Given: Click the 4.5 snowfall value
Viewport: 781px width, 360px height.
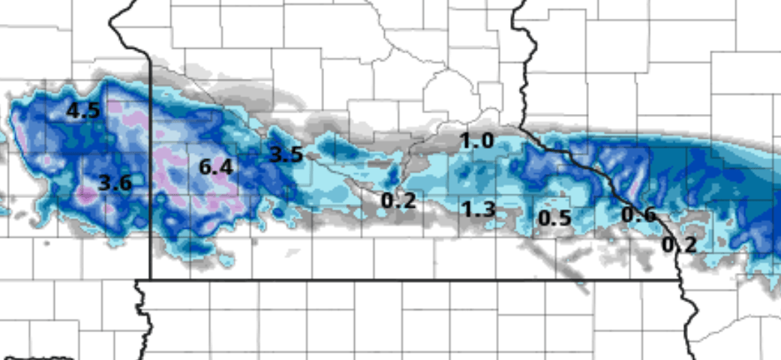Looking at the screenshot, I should click(x=83, y=111).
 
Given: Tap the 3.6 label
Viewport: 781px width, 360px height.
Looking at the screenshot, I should click(x=116, y=182).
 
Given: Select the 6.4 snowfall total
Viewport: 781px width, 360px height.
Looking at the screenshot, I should click(x=216, y=167).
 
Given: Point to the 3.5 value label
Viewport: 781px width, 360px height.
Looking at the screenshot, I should click(x=286, y=155).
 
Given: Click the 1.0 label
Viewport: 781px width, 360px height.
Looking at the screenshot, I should click(x=477, y=140).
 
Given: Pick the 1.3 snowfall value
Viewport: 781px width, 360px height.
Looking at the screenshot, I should click(x=479, y=209).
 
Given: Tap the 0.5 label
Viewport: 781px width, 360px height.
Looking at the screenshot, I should click(x=555, y=218).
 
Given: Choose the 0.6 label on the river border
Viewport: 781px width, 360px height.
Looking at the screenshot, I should click(x=638, y=214).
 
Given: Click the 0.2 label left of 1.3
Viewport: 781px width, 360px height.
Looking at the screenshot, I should click(x=398, y=200).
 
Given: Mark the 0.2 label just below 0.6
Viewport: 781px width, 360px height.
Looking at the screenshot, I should click(x=679, y=244).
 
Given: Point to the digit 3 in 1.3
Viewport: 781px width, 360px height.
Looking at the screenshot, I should click(x=488, y=209).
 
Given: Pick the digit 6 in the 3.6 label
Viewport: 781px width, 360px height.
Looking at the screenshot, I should click(x=125, y=182).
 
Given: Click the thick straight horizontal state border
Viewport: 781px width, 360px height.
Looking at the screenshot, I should click(x=413, y=280).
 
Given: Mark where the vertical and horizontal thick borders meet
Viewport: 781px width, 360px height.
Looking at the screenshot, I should click(x=151, y=280).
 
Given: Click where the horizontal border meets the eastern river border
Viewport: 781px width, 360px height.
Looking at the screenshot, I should click(x=680, y=280).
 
